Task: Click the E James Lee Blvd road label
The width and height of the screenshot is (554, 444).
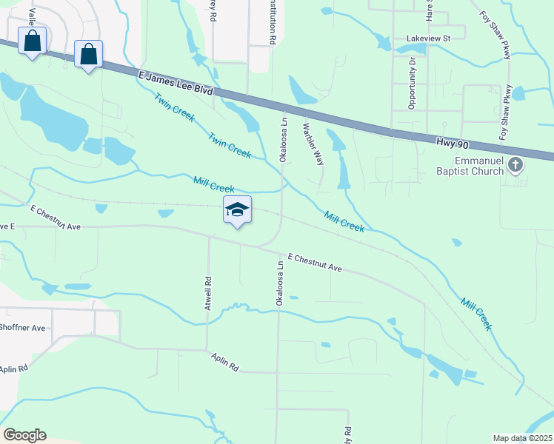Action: [176, 82]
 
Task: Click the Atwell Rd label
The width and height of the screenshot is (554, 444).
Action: [209, 289]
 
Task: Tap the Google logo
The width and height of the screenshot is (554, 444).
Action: [24, 435]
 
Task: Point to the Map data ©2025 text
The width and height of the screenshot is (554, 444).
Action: [522, 438]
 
